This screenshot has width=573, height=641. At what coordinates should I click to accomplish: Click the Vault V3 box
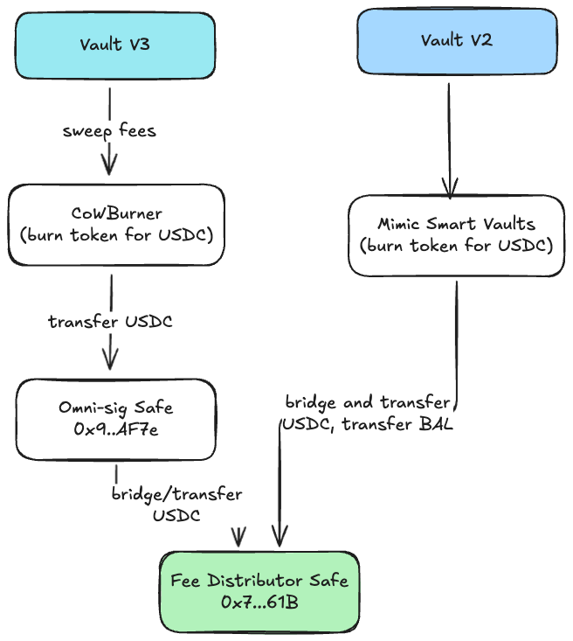114,44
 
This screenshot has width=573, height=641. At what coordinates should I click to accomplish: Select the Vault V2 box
455,41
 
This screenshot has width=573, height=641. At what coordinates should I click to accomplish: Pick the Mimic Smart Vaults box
455,234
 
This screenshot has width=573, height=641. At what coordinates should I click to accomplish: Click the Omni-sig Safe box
115,419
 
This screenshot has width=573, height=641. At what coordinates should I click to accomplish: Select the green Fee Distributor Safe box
259,590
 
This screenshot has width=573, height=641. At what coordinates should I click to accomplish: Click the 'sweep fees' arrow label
109,131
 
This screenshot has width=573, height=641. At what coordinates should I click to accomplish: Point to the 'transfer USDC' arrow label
110,321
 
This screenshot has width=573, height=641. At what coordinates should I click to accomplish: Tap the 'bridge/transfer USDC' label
176,505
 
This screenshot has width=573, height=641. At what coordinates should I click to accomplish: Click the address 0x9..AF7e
115,430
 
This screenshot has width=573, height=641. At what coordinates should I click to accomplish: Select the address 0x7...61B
259,602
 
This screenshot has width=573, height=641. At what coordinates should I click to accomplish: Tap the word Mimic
398,224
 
